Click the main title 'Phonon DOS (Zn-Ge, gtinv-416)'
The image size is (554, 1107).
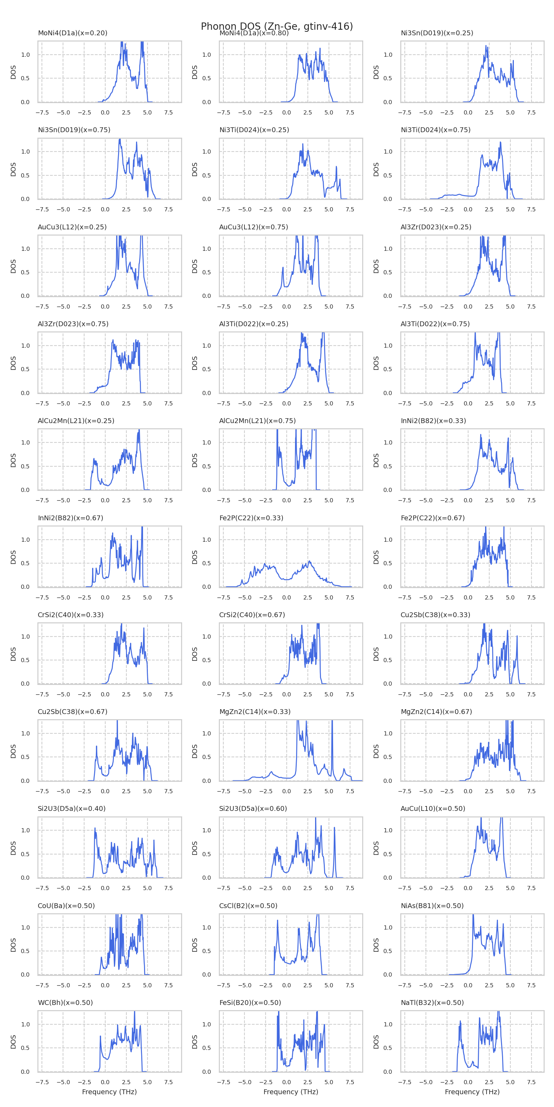click(277, 26)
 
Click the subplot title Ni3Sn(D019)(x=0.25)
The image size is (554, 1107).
click(437, 33)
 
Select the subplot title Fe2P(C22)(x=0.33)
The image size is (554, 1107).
click(251, 518)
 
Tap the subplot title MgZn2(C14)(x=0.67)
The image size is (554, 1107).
click(436, 712)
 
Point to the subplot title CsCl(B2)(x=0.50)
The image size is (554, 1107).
click(248, 905)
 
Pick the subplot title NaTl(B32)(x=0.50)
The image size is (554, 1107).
click(432, 1003)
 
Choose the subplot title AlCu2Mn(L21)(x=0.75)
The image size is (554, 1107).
click(257, 421)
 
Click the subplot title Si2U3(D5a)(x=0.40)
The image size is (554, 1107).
click(71, 808)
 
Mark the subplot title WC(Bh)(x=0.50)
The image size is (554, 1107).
click(65, 1003)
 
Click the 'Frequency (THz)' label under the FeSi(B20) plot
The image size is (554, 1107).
click(291, 1092)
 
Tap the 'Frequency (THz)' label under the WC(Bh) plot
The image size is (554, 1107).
click(109, 1092)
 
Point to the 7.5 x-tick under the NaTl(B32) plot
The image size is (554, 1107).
click(531, 1082)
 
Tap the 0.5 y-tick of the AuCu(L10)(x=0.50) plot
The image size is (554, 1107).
click(387, 854)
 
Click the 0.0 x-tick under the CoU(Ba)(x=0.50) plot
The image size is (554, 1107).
click(105, 985)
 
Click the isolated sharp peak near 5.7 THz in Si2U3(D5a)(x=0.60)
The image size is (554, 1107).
click(334, 828)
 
